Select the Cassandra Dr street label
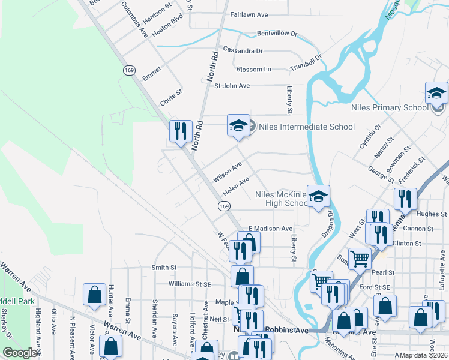243,51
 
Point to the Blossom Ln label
253,70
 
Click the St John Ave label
232,86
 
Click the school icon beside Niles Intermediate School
238,127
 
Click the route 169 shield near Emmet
128,71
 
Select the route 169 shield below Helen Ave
224,206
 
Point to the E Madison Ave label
270,229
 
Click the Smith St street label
164,267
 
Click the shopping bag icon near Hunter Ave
94,295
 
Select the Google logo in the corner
20,353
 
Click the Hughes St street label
427,214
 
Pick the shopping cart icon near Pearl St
360,259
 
